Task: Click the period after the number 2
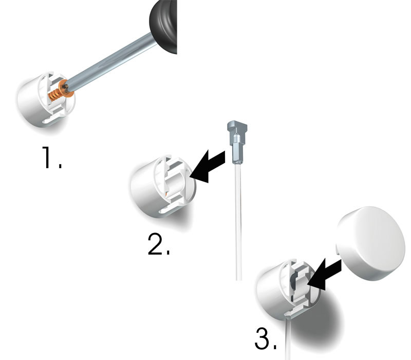167,253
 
